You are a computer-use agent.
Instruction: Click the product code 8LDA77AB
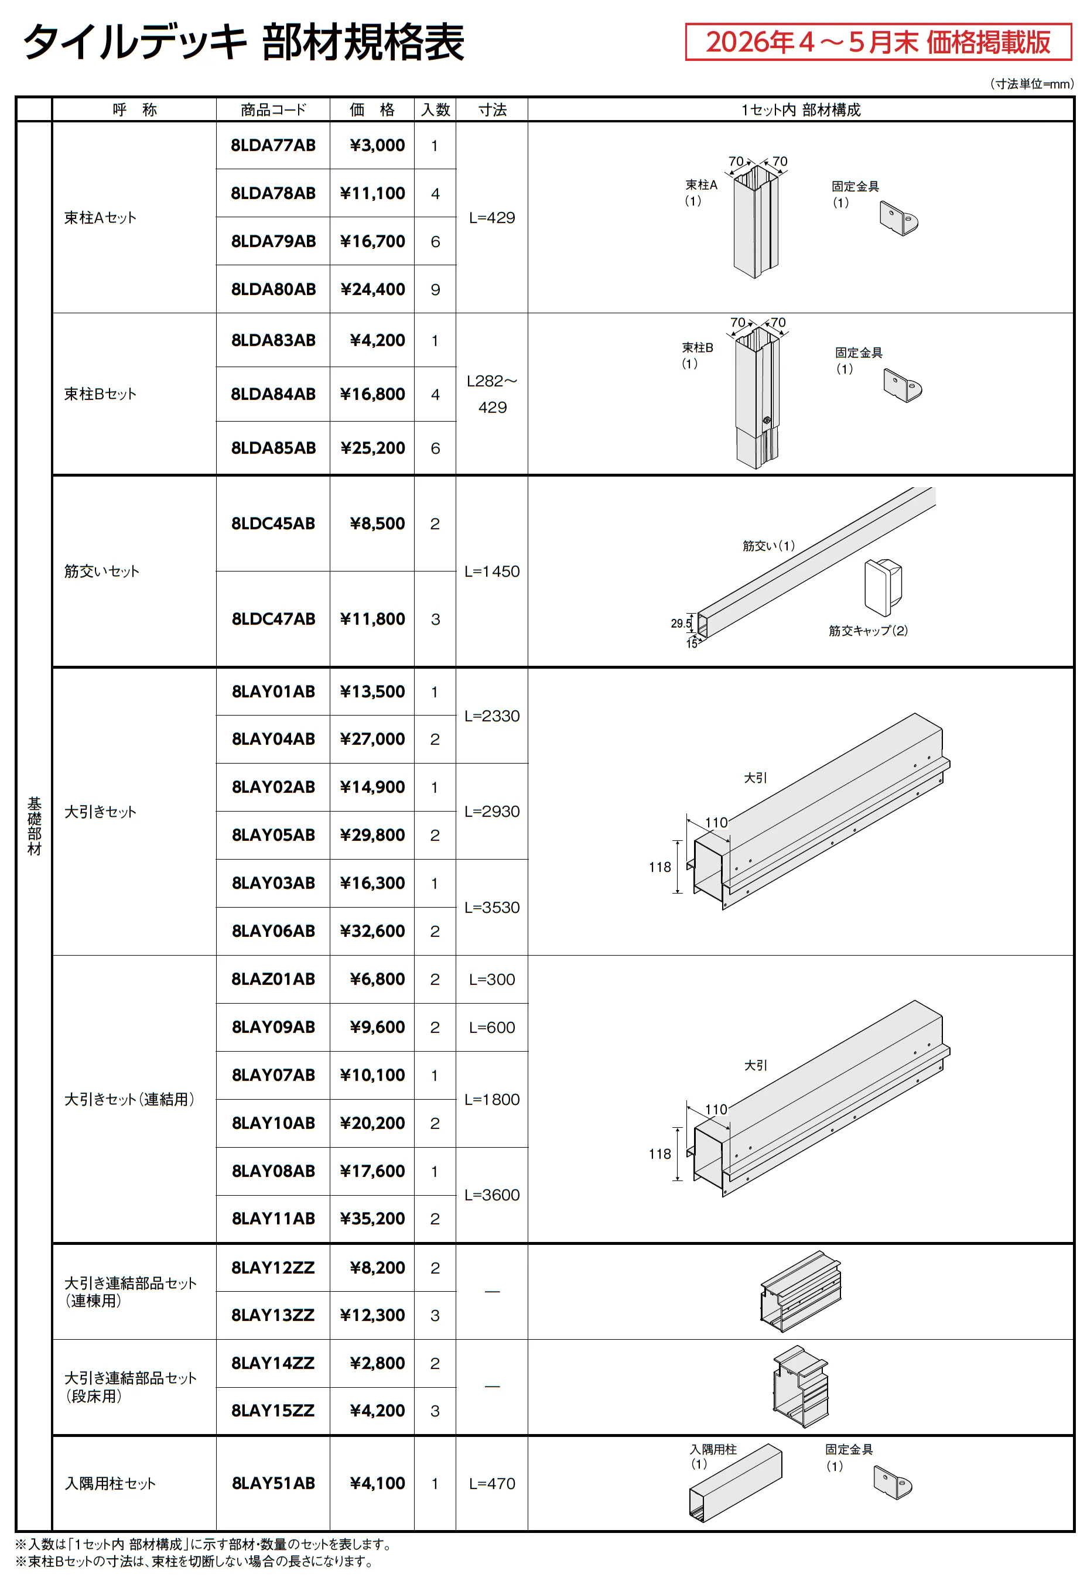click(273, 145)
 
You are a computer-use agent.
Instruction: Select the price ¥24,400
click(372, 289)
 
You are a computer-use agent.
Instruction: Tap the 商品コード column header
click(273, 109)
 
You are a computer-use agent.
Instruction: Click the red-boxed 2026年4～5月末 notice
click(878, 42)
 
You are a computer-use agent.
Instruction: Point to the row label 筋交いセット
click(101, 572)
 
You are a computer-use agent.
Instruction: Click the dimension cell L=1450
click(492, 572)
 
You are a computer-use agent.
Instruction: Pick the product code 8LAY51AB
click(273, 1483)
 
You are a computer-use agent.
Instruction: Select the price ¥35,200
click(372, 1218)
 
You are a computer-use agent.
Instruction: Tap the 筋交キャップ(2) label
click(868, 631)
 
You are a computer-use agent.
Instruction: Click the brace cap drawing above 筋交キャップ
click(883, 587)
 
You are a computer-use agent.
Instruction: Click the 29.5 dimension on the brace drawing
click(681, 623)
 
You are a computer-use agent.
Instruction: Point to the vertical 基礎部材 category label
click(34, 826)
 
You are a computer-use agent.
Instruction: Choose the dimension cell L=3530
click(492, 907)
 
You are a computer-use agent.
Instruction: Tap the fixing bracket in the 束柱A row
click(899, 218)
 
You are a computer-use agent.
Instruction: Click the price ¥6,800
click(377, 979)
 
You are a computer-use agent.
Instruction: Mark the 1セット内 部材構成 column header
click(801, 109)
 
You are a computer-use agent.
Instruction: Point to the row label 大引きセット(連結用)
click(129, 1099)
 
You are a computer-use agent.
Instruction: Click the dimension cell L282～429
click(492, 394)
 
